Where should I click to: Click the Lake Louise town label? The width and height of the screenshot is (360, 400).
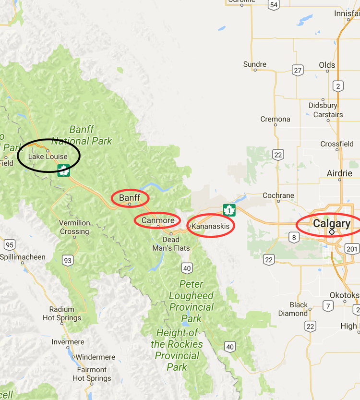click(48, 157)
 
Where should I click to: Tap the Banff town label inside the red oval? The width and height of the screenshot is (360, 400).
click(129, 197)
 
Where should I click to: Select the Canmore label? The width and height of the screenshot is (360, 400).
click(158, 220)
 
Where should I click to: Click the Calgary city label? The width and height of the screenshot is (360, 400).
click(331, 224)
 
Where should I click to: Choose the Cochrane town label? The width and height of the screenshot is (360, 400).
click(278, 195)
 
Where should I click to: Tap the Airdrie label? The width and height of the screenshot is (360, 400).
click(339, 173)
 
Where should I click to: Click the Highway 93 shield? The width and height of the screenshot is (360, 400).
click(68, 261)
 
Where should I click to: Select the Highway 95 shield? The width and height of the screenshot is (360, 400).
click(9, 244)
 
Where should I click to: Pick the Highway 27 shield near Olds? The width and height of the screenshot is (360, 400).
click(298, 71)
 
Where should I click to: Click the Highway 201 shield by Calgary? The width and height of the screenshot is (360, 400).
click(352, 248)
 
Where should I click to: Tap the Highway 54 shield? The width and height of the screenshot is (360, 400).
click(274, 5)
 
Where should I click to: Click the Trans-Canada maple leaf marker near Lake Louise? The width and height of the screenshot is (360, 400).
click(64, 170)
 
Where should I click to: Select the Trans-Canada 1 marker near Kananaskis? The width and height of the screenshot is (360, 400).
click(229, 210)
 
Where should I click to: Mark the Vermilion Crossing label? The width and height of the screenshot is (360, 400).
click(74, 227)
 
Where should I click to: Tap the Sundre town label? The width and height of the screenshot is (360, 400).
click(255, 64)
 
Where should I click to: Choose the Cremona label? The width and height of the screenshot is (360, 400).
click(275, 119)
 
